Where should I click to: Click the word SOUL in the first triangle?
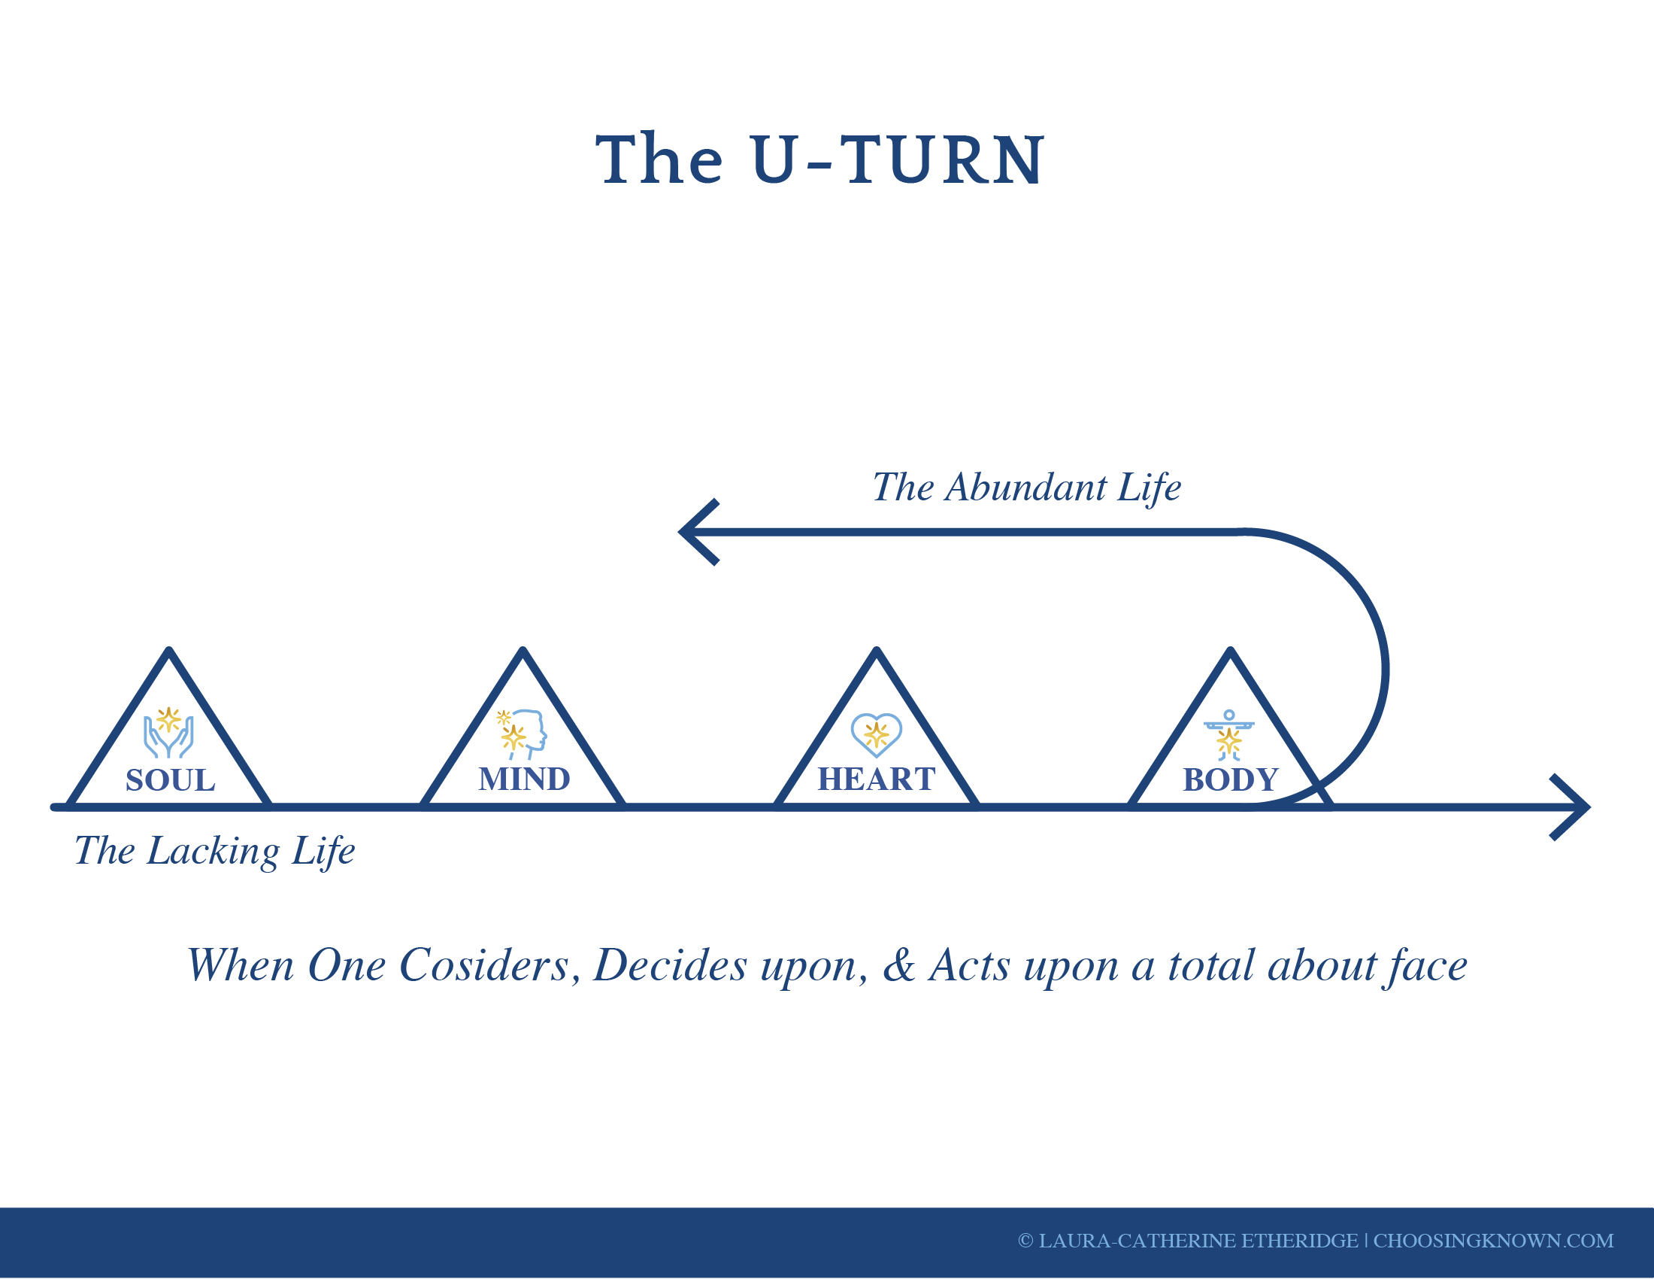pos(171,780)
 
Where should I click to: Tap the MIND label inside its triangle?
pos(524,779)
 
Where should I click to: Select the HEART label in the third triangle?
pos(877,779)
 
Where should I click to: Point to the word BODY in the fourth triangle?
pos(1231,779)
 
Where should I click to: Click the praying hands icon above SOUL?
pos(169,733)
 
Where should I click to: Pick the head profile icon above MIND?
pos(522,734)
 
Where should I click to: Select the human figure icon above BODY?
pos(1229,735)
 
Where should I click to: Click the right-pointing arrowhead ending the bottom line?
pos(1571,808)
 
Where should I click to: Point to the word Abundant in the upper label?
pos(1026,488)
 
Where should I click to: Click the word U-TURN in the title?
pos(898,159)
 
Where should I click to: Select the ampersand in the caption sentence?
pos(899,966)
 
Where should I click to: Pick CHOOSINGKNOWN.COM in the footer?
pos(1493,1241)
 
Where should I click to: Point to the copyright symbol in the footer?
pos(1025,1241)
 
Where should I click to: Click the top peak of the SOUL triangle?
pos(170,650)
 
